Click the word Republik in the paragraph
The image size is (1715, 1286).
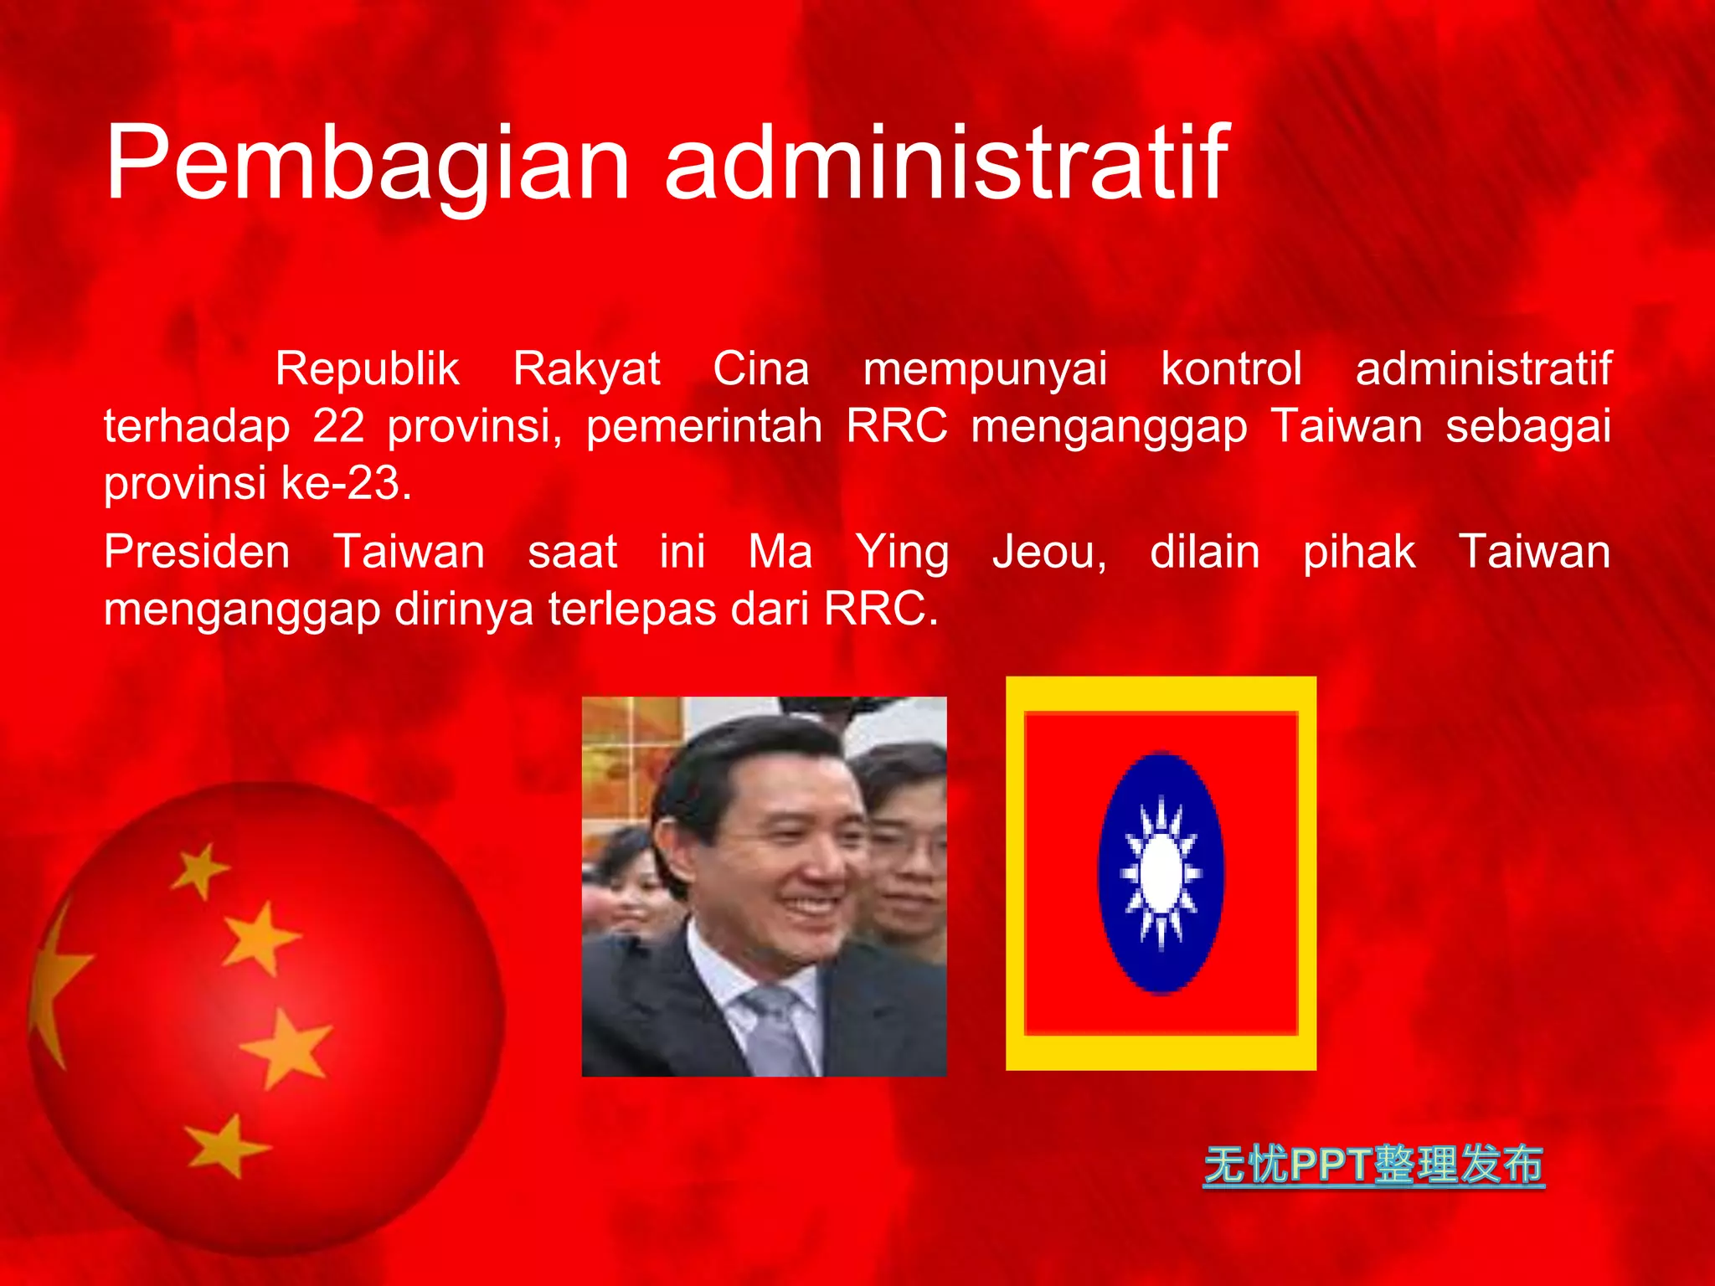click(x=368, y=369)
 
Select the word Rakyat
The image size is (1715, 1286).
click(x=586, y=369)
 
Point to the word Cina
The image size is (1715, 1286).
click(x=761, y=369)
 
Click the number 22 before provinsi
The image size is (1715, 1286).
click(x=338, y=426)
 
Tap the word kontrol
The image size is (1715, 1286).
click(x=1231, y=369)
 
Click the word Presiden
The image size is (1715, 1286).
click(x=197, y=553)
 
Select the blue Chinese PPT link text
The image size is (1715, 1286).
click(x=1373, y=1165)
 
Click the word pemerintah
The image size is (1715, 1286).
click(x=703, y=426)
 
